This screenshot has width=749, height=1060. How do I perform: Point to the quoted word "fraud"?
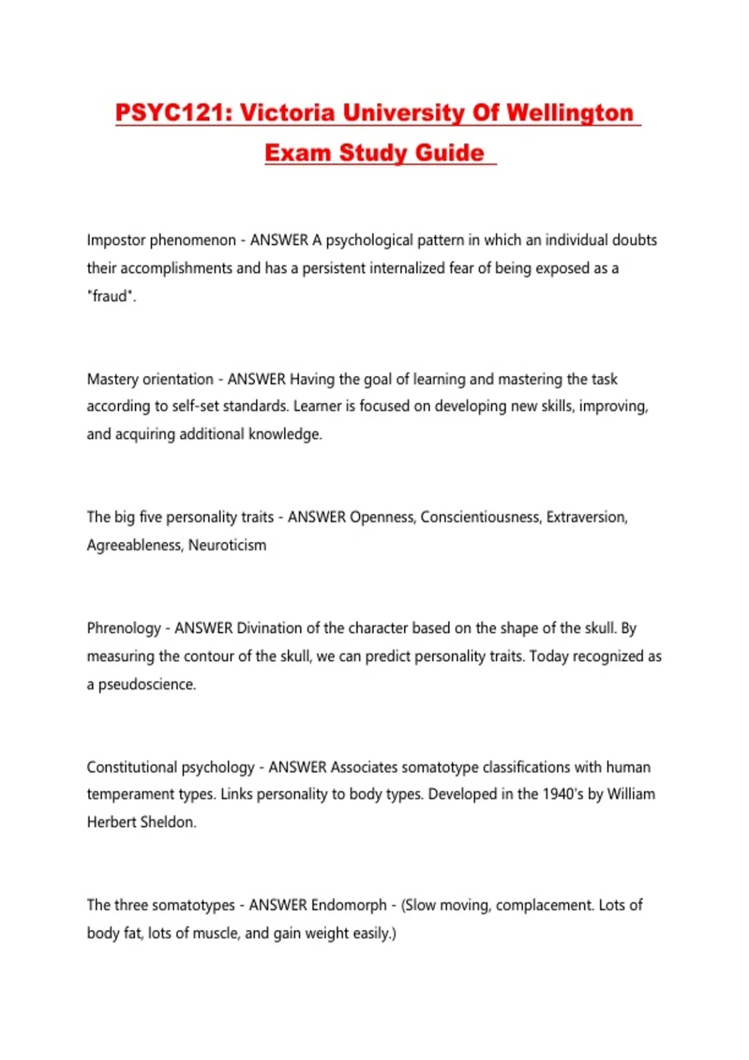pos(111,296)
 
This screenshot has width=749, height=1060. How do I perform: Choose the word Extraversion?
pos(587,517)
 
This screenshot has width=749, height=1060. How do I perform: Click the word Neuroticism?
pos(227,545)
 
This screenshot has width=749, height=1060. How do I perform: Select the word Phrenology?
pos(124,628)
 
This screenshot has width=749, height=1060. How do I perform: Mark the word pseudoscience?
pos(147,684)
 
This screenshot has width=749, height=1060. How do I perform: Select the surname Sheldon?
pos(169,822)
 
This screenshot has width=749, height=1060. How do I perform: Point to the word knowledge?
pos(285,434)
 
